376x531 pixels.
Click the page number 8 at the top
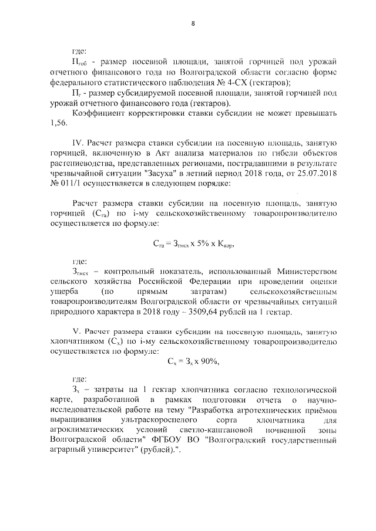[x=193, y=23]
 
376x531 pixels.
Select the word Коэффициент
[x=98, y=113]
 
